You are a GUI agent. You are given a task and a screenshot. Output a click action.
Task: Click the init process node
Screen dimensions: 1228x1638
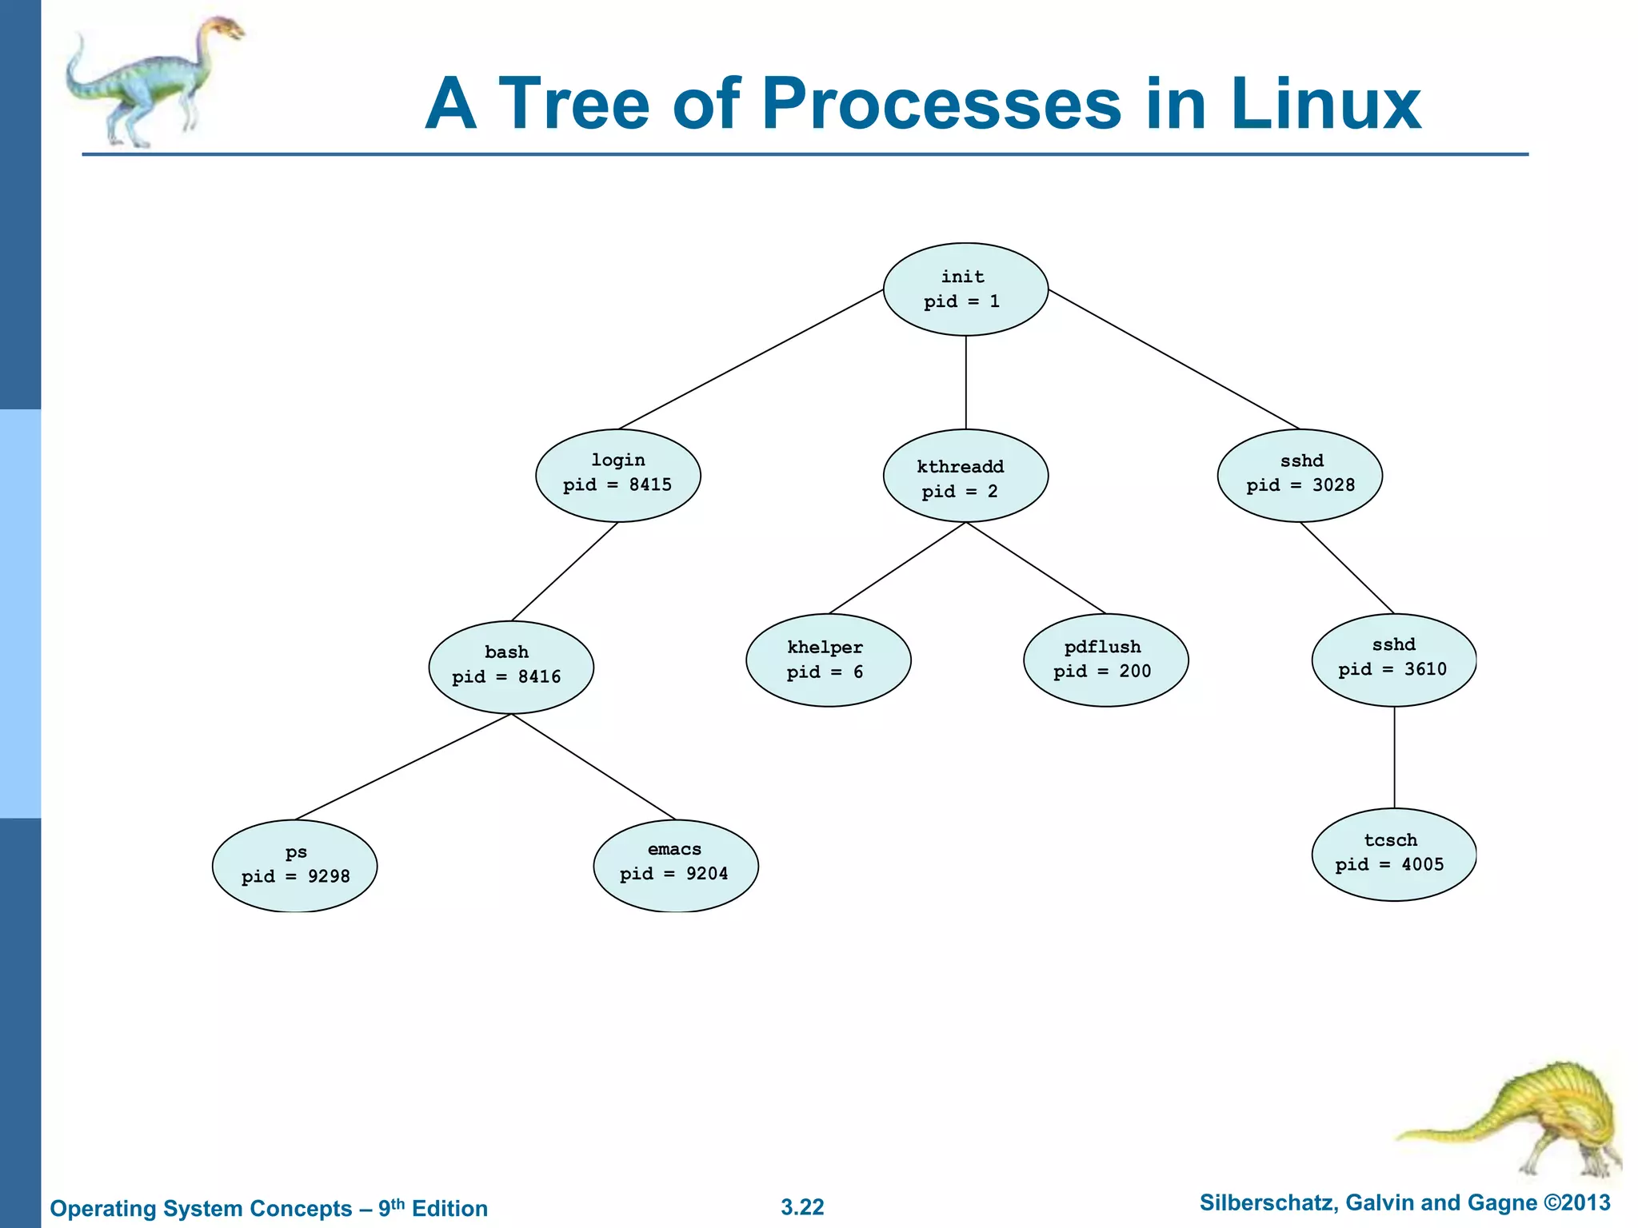[965, 289]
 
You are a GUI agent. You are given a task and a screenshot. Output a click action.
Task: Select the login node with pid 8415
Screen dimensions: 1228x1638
[617, 476]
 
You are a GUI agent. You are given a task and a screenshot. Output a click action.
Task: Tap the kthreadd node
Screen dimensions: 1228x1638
[965, 476]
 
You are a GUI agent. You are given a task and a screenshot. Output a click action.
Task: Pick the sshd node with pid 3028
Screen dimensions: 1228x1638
[1300, 476]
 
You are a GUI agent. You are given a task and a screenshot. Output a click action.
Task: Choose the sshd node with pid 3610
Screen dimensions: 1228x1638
[1394, 660]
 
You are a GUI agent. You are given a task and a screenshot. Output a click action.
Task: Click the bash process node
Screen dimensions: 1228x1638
[511, 667]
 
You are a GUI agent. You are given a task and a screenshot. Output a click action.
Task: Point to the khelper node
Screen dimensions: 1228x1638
[828, 660]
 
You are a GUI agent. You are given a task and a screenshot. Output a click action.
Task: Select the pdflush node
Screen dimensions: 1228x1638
[1105, 660]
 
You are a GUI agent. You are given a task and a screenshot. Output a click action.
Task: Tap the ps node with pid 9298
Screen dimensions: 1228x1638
[294, 866]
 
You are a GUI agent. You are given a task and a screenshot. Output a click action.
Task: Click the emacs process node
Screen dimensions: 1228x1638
[676, 865]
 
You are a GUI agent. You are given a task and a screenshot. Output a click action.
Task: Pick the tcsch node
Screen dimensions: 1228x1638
[1394, 855]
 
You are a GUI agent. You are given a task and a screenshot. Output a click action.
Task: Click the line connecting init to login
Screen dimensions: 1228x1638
[752, 359]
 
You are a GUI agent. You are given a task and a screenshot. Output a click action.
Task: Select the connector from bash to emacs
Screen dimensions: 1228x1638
[593, 767]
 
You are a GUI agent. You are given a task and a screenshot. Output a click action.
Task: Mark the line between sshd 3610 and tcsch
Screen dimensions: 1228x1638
[1395, 757]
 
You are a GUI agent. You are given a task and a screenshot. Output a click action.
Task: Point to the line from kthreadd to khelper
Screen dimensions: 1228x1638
[897, 568]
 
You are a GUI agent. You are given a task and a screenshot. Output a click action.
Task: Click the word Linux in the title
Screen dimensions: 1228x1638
[1324, 104]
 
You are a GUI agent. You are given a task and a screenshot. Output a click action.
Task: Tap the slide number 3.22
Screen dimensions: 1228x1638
[802, 1207]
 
